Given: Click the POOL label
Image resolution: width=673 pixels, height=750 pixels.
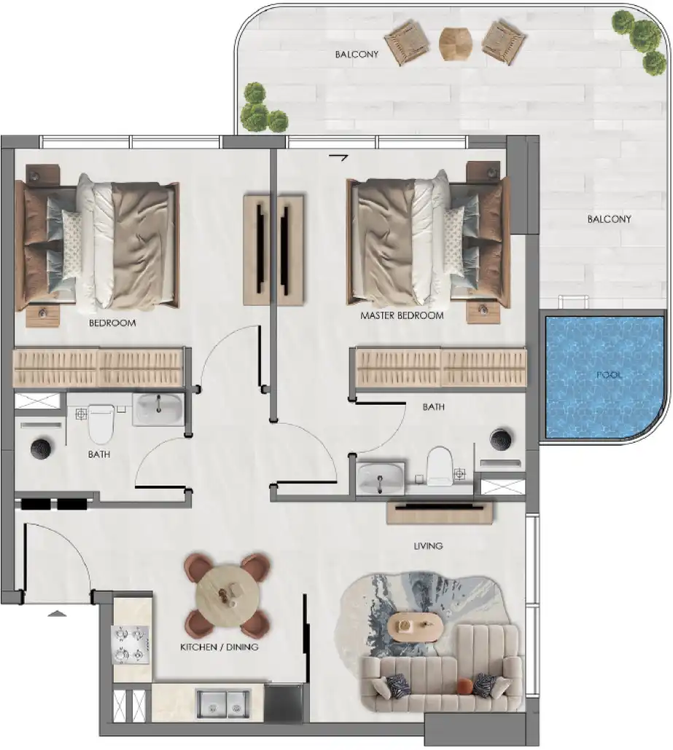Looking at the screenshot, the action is [x=609, y=374].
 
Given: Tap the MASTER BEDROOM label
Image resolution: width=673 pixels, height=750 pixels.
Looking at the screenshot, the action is [x=402, y=316].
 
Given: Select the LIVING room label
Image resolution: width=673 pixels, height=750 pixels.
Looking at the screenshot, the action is [x=428, y=546].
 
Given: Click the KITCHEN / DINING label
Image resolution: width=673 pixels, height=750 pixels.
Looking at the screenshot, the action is [x=219, y=647].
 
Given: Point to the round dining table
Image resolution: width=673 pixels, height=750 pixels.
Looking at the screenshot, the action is [x=227, y=596].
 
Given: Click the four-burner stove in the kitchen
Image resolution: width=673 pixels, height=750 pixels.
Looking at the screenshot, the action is [x=131, y=644].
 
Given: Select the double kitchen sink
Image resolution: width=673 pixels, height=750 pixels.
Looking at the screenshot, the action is [x=223, y=703].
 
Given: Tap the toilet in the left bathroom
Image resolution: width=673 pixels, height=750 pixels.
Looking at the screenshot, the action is [x=101, y=423].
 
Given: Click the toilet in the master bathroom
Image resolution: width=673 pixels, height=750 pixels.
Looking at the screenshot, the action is [x=439, y=465].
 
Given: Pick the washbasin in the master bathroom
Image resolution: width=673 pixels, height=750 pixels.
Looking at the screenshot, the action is [x=381, y=478].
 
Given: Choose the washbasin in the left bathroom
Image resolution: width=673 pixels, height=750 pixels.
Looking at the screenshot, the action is [x=157, y=409].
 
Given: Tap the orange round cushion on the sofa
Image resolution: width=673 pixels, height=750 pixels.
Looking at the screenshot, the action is [x=464, y=686].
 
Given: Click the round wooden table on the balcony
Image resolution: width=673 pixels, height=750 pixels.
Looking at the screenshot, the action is [x=455, y=44].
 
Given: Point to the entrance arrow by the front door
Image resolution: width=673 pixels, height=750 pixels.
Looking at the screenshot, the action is [x=57, y=613].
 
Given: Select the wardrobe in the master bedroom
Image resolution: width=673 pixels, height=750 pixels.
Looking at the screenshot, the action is [x=441, y=367].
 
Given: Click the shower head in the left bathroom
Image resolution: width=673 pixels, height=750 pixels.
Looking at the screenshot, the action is [x=41, y=449].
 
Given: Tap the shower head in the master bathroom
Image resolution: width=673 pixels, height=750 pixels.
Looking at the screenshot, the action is [x=501, y=438].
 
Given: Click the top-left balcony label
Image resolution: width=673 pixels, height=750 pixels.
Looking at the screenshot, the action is [x=357, y=54].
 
